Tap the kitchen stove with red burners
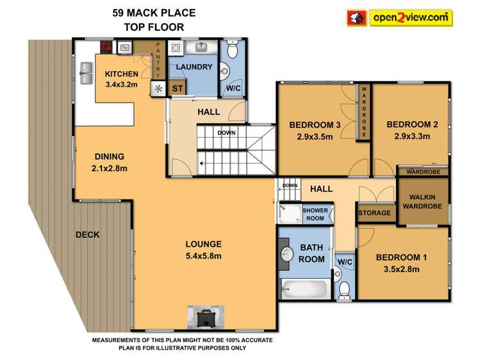coord(107,47)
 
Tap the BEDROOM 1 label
coord(397,258)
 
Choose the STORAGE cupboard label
coord(374,213)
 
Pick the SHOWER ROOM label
coord(315,214)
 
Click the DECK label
coord(87,234)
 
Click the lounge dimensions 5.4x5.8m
coord(203,256)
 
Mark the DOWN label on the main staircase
coord(226,133)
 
